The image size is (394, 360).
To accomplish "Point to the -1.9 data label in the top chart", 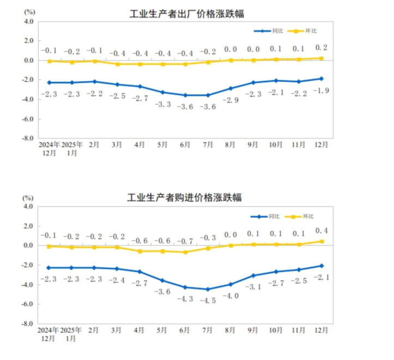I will (321, 91).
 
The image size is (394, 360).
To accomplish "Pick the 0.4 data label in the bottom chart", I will (321, 230).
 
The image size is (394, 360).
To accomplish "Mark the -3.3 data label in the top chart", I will (162, 104).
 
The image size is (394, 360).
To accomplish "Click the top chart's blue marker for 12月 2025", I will (322, 79).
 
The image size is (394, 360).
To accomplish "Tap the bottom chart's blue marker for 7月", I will (208, 289).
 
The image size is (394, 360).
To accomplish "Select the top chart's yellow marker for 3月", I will (117, 64).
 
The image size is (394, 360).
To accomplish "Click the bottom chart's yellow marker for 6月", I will (185, 252).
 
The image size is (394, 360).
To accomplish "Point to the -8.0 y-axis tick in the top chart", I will (28, 139).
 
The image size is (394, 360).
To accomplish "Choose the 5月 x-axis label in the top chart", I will (162, 145).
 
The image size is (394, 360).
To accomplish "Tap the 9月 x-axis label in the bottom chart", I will (253, 330).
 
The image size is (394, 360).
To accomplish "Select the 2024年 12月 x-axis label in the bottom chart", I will (49, 334).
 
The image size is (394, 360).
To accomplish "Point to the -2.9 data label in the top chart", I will (230, 100).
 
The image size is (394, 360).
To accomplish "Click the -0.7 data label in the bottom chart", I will (185, 241).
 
